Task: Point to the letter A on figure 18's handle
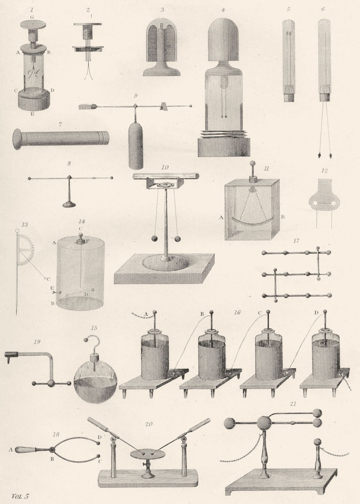pos(11,448)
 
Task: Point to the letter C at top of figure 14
pos(81,228)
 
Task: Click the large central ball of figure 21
pos(264,422)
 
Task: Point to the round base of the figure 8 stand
pos(70,205)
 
